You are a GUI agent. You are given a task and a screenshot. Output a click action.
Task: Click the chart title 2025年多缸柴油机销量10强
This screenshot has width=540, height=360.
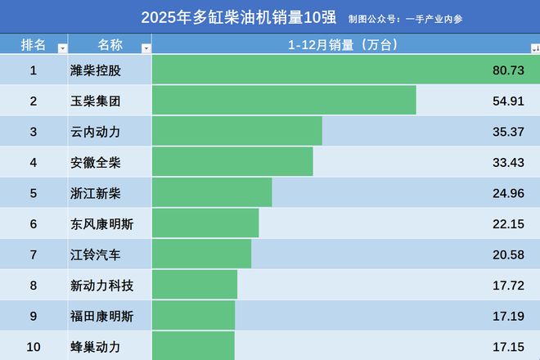[240, 17]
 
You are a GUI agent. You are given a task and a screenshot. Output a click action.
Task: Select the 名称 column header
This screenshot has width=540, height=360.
[110, 44]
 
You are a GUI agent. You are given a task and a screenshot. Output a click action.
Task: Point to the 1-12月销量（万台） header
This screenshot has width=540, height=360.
[342, 44]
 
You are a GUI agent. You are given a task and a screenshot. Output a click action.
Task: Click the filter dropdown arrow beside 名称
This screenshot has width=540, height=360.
[146, 48]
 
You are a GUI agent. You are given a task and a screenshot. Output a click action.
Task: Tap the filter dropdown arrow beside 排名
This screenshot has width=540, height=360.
[62, 48]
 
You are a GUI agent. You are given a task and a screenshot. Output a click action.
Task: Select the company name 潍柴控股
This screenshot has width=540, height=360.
[96, 70]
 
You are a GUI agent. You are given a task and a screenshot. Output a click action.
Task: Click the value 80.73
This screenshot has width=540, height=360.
[508, 70]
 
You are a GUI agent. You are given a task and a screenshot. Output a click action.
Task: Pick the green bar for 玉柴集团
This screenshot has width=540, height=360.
[284, 101]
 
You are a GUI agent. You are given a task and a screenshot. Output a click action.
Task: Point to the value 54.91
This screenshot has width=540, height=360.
[508, 101]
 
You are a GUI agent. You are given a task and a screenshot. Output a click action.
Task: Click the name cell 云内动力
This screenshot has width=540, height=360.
[96, 132]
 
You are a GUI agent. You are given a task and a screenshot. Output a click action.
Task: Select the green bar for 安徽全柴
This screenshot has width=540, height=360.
[232, 162]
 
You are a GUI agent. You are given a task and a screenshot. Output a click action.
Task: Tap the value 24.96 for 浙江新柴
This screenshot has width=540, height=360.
[508, 193]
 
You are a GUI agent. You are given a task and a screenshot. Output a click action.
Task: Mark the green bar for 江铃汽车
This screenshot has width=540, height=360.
[201, 254]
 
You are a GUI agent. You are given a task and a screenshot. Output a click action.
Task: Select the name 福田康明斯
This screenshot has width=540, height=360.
[102, 316]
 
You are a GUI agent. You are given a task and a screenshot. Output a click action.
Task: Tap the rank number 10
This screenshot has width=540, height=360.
[34, 347]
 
